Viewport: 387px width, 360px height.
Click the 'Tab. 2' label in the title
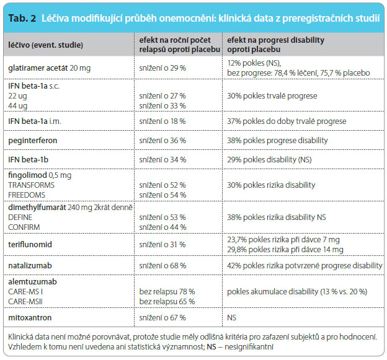pyautogui.click(x=22, y=18)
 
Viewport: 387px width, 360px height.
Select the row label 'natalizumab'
pyautogui.click(x=30, y=266)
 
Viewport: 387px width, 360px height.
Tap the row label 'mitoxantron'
pyautogui.click(x=30, y=318)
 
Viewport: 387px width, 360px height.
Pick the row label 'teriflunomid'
pyautogui.click(x=30, y=244)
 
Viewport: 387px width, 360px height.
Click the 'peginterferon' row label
pyautogui.click(x=33, y=141)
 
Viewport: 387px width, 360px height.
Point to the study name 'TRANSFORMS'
pyautogui.click(x=32, y=185)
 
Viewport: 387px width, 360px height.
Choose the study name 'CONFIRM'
pyautogui.click(x=24, y=227)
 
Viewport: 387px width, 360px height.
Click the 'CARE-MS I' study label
pyautogui.click(x=25, y=292)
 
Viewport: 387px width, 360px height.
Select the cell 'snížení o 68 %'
pyautogui.click(x=162, y=266)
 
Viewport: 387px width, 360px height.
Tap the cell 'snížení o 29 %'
pyautogui.click(x=162, y=68)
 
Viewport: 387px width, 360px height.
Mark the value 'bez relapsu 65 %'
pyautogui.click(x=167, y=302)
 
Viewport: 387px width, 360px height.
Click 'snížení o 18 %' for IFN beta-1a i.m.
pyautogui.click(x=162, y=121)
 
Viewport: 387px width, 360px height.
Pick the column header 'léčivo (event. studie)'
pyautogui.click(x=45, y=45)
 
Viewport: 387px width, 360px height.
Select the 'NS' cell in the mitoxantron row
pyautogui.click(x=231, y=318)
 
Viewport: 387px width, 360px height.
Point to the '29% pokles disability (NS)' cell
pyautogui.click(x=269, y=160)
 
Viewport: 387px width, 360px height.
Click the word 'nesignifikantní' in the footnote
pyautogui.click(x=249, y=347)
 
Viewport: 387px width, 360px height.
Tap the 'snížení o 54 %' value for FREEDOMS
pyautogui.click(x=162, y=195)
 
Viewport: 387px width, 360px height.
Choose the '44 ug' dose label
pyautogui.click(x=17, y=106)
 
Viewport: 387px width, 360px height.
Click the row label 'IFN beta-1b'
pyautogui.click(x=28, y=160)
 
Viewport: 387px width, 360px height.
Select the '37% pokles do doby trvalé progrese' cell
pyautogui.click(x=287, y=121)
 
